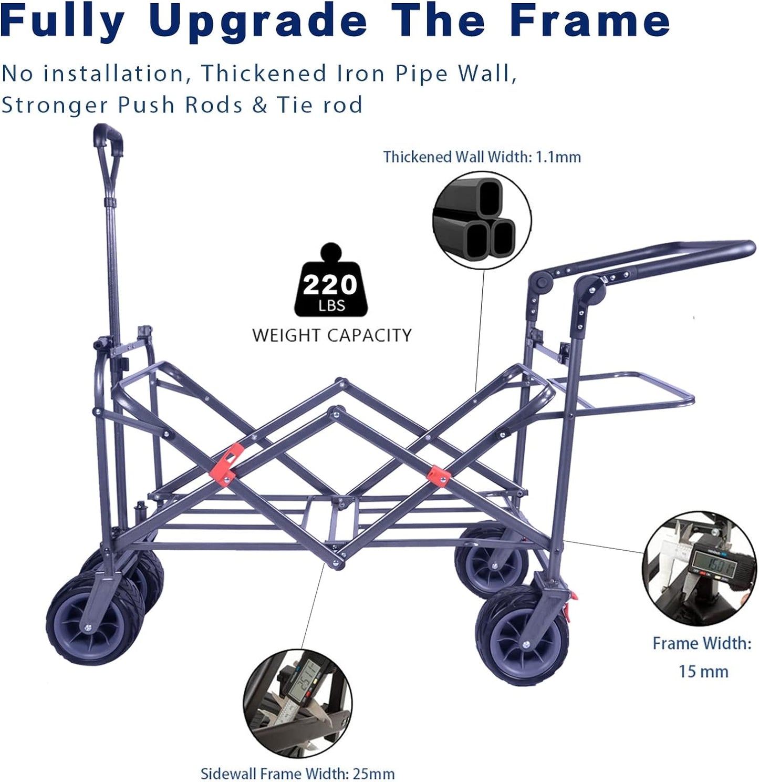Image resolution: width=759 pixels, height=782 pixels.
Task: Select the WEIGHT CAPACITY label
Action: (x=332, y=335)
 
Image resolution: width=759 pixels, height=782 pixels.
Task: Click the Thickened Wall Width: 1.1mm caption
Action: (x=482, y=157)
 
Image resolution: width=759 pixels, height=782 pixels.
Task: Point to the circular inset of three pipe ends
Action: (x=482, y=220)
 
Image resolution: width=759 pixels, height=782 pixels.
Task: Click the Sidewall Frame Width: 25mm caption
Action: (x=298, y=773)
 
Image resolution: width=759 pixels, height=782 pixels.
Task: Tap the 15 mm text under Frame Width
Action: (x=703, y=672)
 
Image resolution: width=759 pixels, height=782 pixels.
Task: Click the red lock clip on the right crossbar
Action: (x=439, y=475)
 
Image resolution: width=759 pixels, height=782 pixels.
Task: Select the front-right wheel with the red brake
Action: (x=522, y=636)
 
